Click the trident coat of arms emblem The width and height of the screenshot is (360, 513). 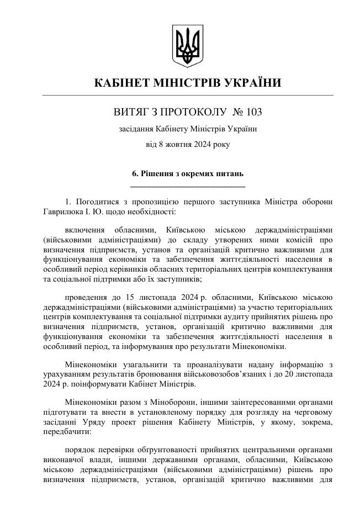pos(187,45)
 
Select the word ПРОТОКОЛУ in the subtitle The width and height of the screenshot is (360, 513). pos(197,112)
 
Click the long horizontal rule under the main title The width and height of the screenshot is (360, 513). pos(188,96)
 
